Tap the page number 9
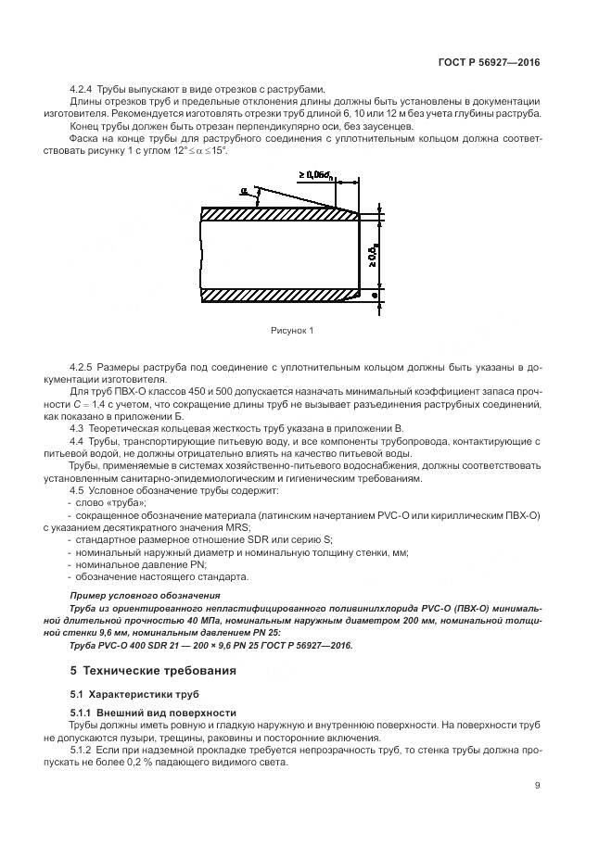click(537, 786)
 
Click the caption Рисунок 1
click(292, 330)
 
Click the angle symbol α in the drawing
click(245, 192)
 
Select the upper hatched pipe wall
click(278, 213)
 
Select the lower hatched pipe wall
click(278, 295)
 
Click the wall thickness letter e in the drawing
click(374, 295)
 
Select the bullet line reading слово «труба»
click(107, 501)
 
